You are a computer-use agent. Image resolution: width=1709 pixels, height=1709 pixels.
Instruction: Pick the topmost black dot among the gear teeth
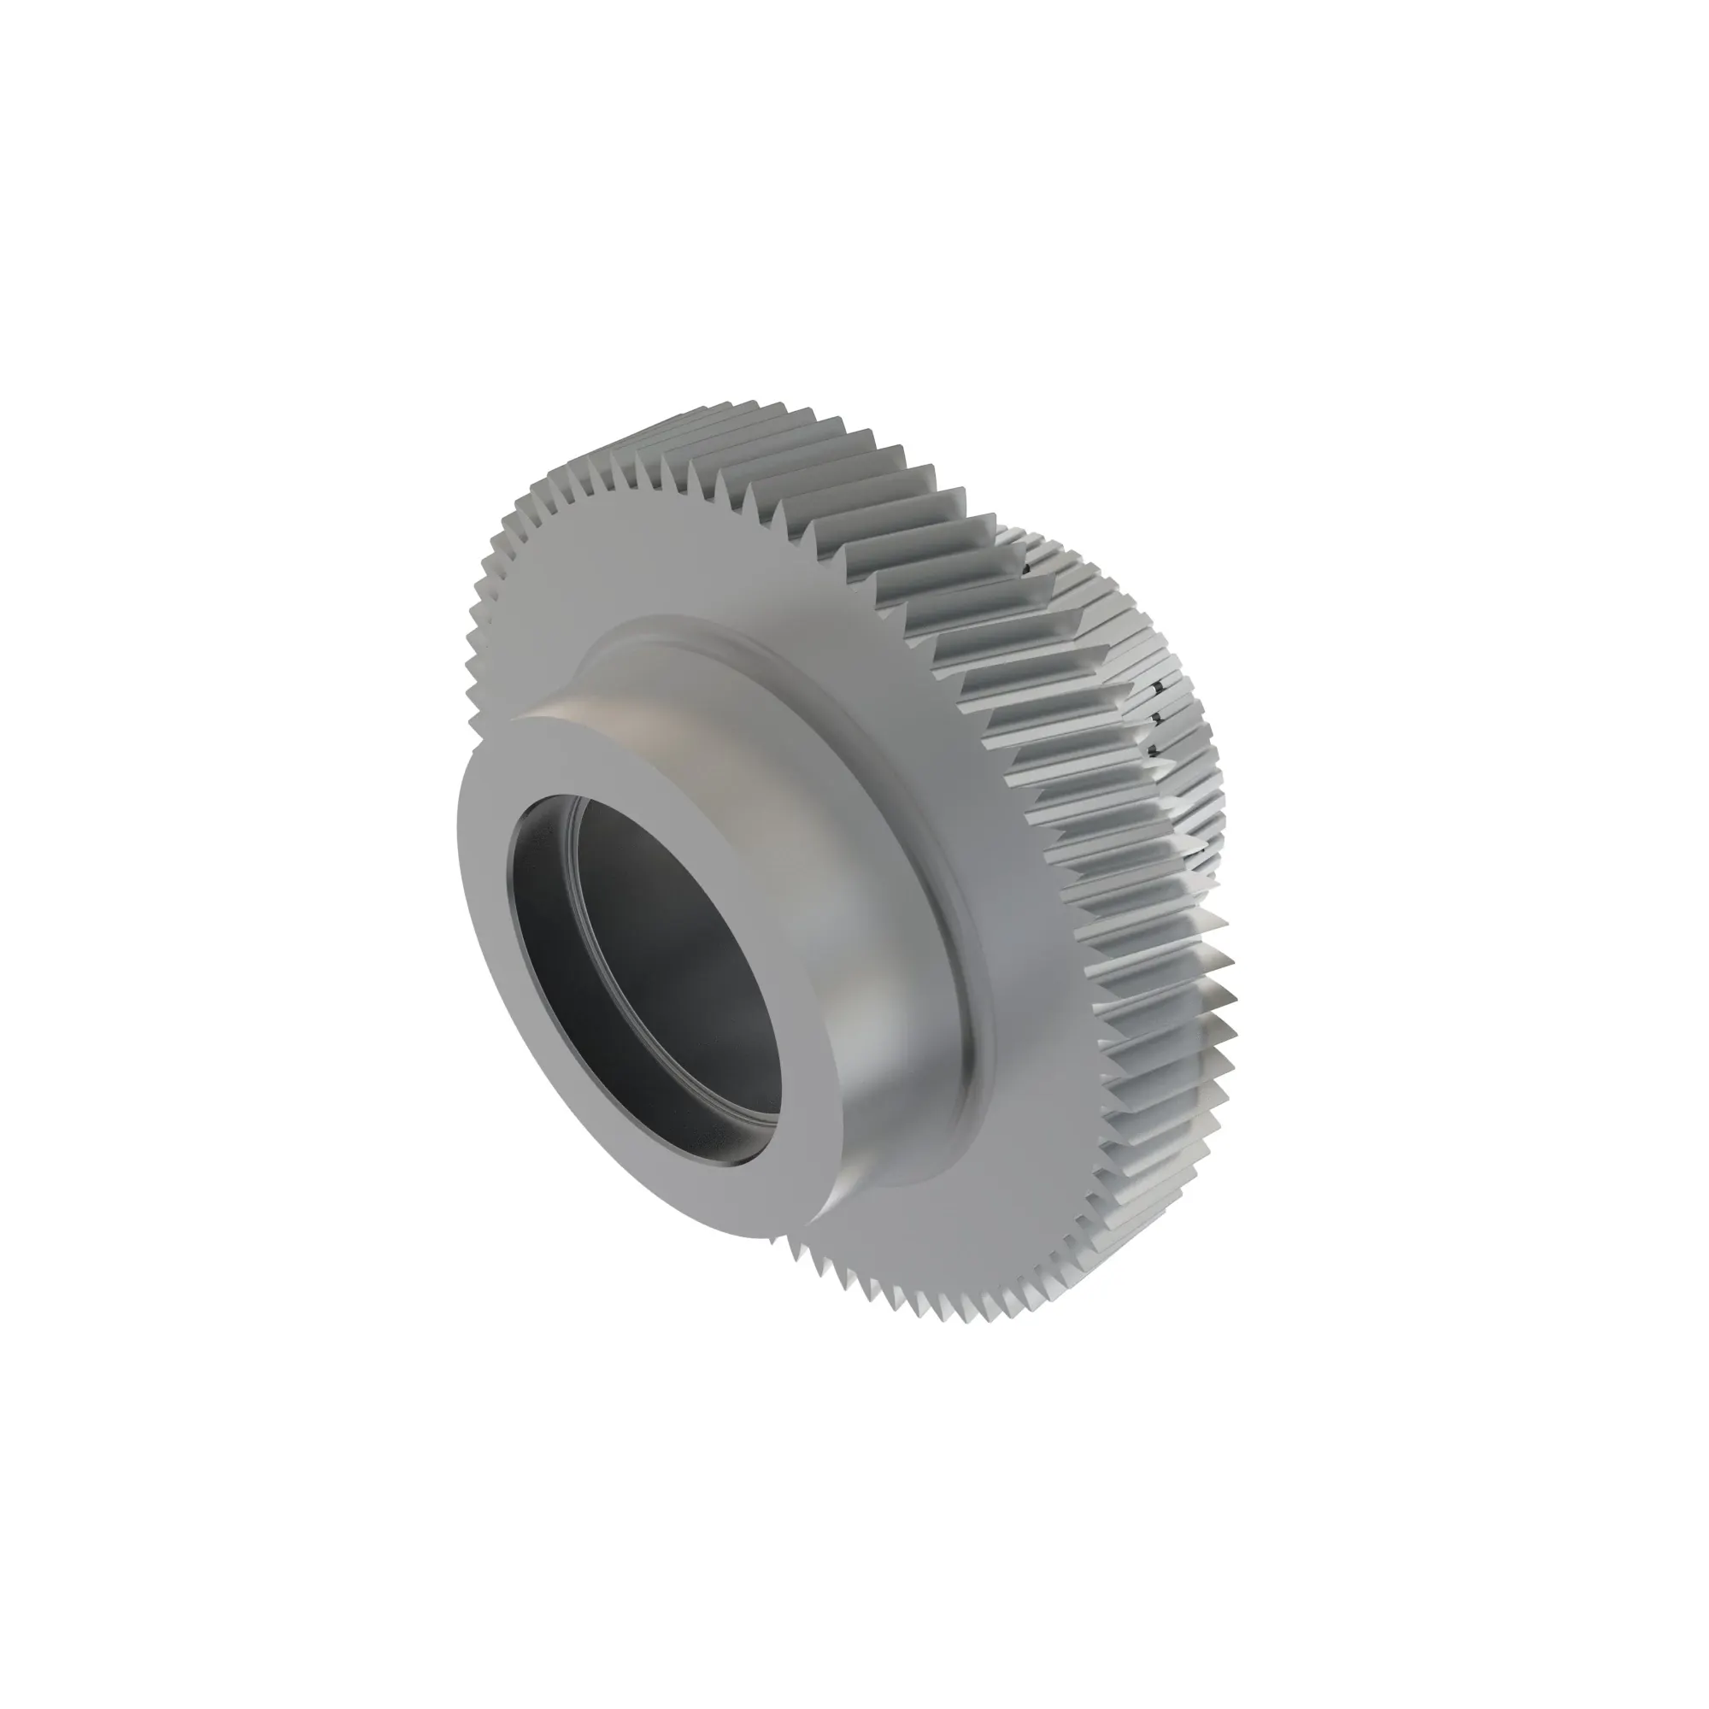click(1025, 570)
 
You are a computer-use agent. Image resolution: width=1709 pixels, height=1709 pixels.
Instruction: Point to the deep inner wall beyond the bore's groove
click(699, 955)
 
